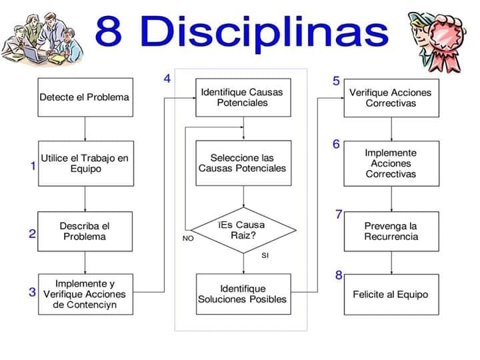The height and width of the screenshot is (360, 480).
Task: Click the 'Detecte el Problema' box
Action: pyautogui.click(x=85, y=97)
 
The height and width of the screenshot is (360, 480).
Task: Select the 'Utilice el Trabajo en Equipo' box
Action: pyautogui.click(x=85, y=163)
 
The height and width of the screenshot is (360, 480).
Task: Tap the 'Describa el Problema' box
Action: pyautogui.click(x=85, y=231)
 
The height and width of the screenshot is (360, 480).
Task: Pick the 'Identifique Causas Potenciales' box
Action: pyautogui.click(x=243, y=97)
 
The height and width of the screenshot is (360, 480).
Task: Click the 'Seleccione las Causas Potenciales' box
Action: pyautogui.click(x=243, y=163)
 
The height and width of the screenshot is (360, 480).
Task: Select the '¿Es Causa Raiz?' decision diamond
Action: pyautogui.click(x=243, y=230)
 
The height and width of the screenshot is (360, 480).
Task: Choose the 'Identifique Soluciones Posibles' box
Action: pyautogui.click(x=243, y=294)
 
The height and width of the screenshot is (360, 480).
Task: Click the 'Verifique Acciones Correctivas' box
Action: pyautogui.click(x=391, y=97)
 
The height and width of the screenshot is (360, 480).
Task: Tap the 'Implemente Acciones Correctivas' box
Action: pyautogui.click(x=391, y=163)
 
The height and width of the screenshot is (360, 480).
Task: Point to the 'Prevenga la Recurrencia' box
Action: pyautogui.click(x=391, y=231)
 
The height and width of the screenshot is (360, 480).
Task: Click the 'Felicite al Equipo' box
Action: pyautogui.click(x=391, y=294)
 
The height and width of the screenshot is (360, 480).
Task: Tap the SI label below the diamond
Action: pyautogui.click(x=265, y=255)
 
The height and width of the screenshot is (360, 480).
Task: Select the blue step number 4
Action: pyautogui.click(x=167, y=79)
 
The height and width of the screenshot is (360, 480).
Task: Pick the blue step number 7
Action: pyautogui.click(x=339, y=214)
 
